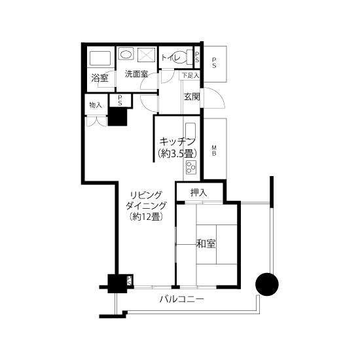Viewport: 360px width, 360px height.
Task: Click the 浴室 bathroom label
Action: point(100,78)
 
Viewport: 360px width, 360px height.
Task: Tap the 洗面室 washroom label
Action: point(136,74)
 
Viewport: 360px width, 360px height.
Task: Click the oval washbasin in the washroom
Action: point(126,54)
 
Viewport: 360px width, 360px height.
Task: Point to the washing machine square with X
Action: point(146,54)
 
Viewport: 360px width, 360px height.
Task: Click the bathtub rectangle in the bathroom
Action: point(100,58)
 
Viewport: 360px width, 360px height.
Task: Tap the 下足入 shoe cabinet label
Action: point(190,75)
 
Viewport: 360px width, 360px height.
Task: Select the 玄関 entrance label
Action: point(192,97)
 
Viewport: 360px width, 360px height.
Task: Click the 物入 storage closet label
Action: point(96,105)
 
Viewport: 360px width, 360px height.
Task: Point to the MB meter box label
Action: point(214,151)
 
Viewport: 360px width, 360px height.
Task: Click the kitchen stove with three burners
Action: point(191,168)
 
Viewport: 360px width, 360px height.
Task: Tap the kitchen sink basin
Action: point(190,131)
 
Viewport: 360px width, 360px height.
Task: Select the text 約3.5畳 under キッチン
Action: point(177,153)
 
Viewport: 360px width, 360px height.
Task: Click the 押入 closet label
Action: point(199,193)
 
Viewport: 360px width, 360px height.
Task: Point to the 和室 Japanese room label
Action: point(206,243)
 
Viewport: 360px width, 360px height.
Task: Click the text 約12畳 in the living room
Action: point(146,216)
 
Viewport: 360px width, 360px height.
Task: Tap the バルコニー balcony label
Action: point(181,299)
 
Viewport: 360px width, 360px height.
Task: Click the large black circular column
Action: point(267,284)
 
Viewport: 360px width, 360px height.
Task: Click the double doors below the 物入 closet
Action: point(97,122)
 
